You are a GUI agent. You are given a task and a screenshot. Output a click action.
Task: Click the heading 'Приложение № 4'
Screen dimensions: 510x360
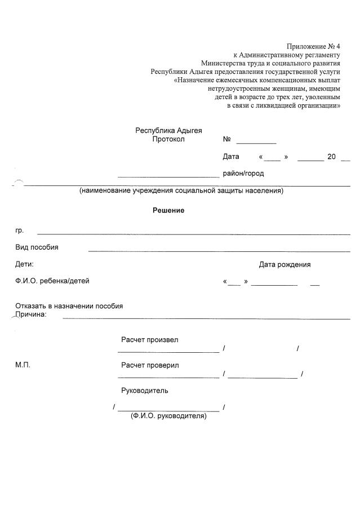[313, 46]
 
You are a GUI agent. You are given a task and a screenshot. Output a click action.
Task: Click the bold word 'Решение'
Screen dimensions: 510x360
[168, 211]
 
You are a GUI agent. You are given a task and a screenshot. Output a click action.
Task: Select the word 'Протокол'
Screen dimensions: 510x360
[168, 139]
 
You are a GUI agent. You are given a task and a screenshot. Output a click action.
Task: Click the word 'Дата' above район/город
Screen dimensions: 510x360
[231, 156]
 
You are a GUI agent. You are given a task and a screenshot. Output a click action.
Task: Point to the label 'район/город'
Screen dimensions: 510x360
[243, 174]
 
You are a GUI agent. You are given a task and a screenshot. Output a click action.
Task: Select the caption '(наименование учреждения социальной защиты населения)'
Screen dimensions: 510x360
[181, 191]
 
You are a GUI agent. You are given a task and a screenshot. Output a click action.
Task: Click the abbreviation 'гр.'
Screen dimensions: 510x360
[20, 230]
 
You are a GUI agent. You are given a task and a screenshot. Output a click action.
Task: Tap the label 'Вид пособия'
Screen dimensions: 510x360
[37, 247]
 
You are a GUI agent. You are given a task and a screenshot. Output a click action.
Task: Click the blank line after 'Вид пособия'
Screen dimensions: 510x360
[219, 251]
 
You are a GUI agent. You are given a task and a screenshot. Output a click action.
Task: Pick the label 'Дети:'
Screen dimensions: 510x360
[24, 264]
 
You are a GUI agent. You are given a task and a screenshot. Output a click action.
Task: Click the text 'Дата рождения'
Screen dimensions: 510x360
[285, 264]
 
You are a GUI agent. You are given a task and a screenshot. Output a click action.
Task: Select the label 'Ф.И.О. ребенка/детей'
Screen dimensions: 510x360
[52, 281]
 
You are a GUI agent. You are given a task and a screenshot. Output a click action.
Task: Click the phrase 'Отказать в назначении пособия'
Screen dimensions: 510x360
[69, 306]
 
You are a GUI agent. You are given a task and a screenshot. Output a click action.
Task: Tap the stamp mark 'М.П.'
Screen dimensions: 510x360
[23, 365]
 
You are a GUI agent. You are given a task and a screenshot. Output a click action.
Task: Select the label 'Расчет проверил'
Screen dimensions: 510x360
[150, 365]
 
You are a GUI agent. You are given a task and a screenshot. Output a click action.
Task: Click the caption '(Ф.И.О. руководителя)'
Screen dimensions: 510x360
[168, 416]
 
